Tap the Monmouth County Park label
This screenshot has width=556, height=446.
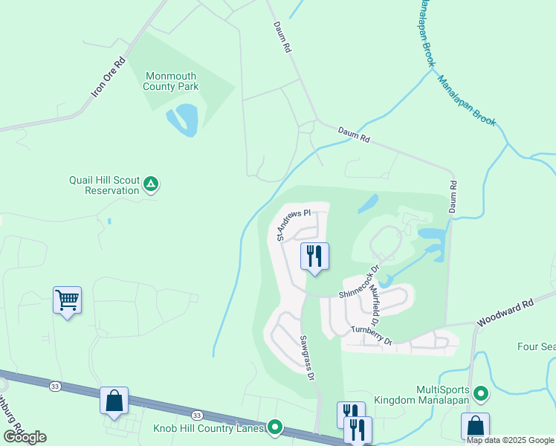point(172,81)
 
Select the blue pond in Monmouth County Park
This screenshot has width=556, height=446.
point(184,120)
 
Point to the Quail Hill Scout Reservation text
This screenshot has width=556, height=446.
point(104,185)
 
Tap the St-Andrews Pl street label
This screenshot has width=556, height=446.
point(292,223)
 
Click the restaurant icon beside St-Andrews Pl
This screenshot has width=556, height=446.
point(314,256)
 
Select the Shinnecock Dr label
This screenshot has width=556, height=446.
point(360,282)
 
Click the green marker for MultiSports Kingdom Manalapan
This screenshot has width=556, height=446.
point(481,393)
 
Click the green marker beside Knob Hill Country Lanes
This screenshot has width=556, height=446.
point(276,427)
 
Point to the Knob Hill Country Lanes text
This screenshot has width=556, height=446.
point(209,427)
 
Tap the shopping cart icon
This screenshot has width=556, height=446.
point(67,300)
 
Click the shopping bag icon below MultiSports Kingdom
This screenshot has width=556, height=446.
point(475,427)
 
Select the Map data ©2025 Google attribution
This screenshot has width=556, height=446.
point(510,440)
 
